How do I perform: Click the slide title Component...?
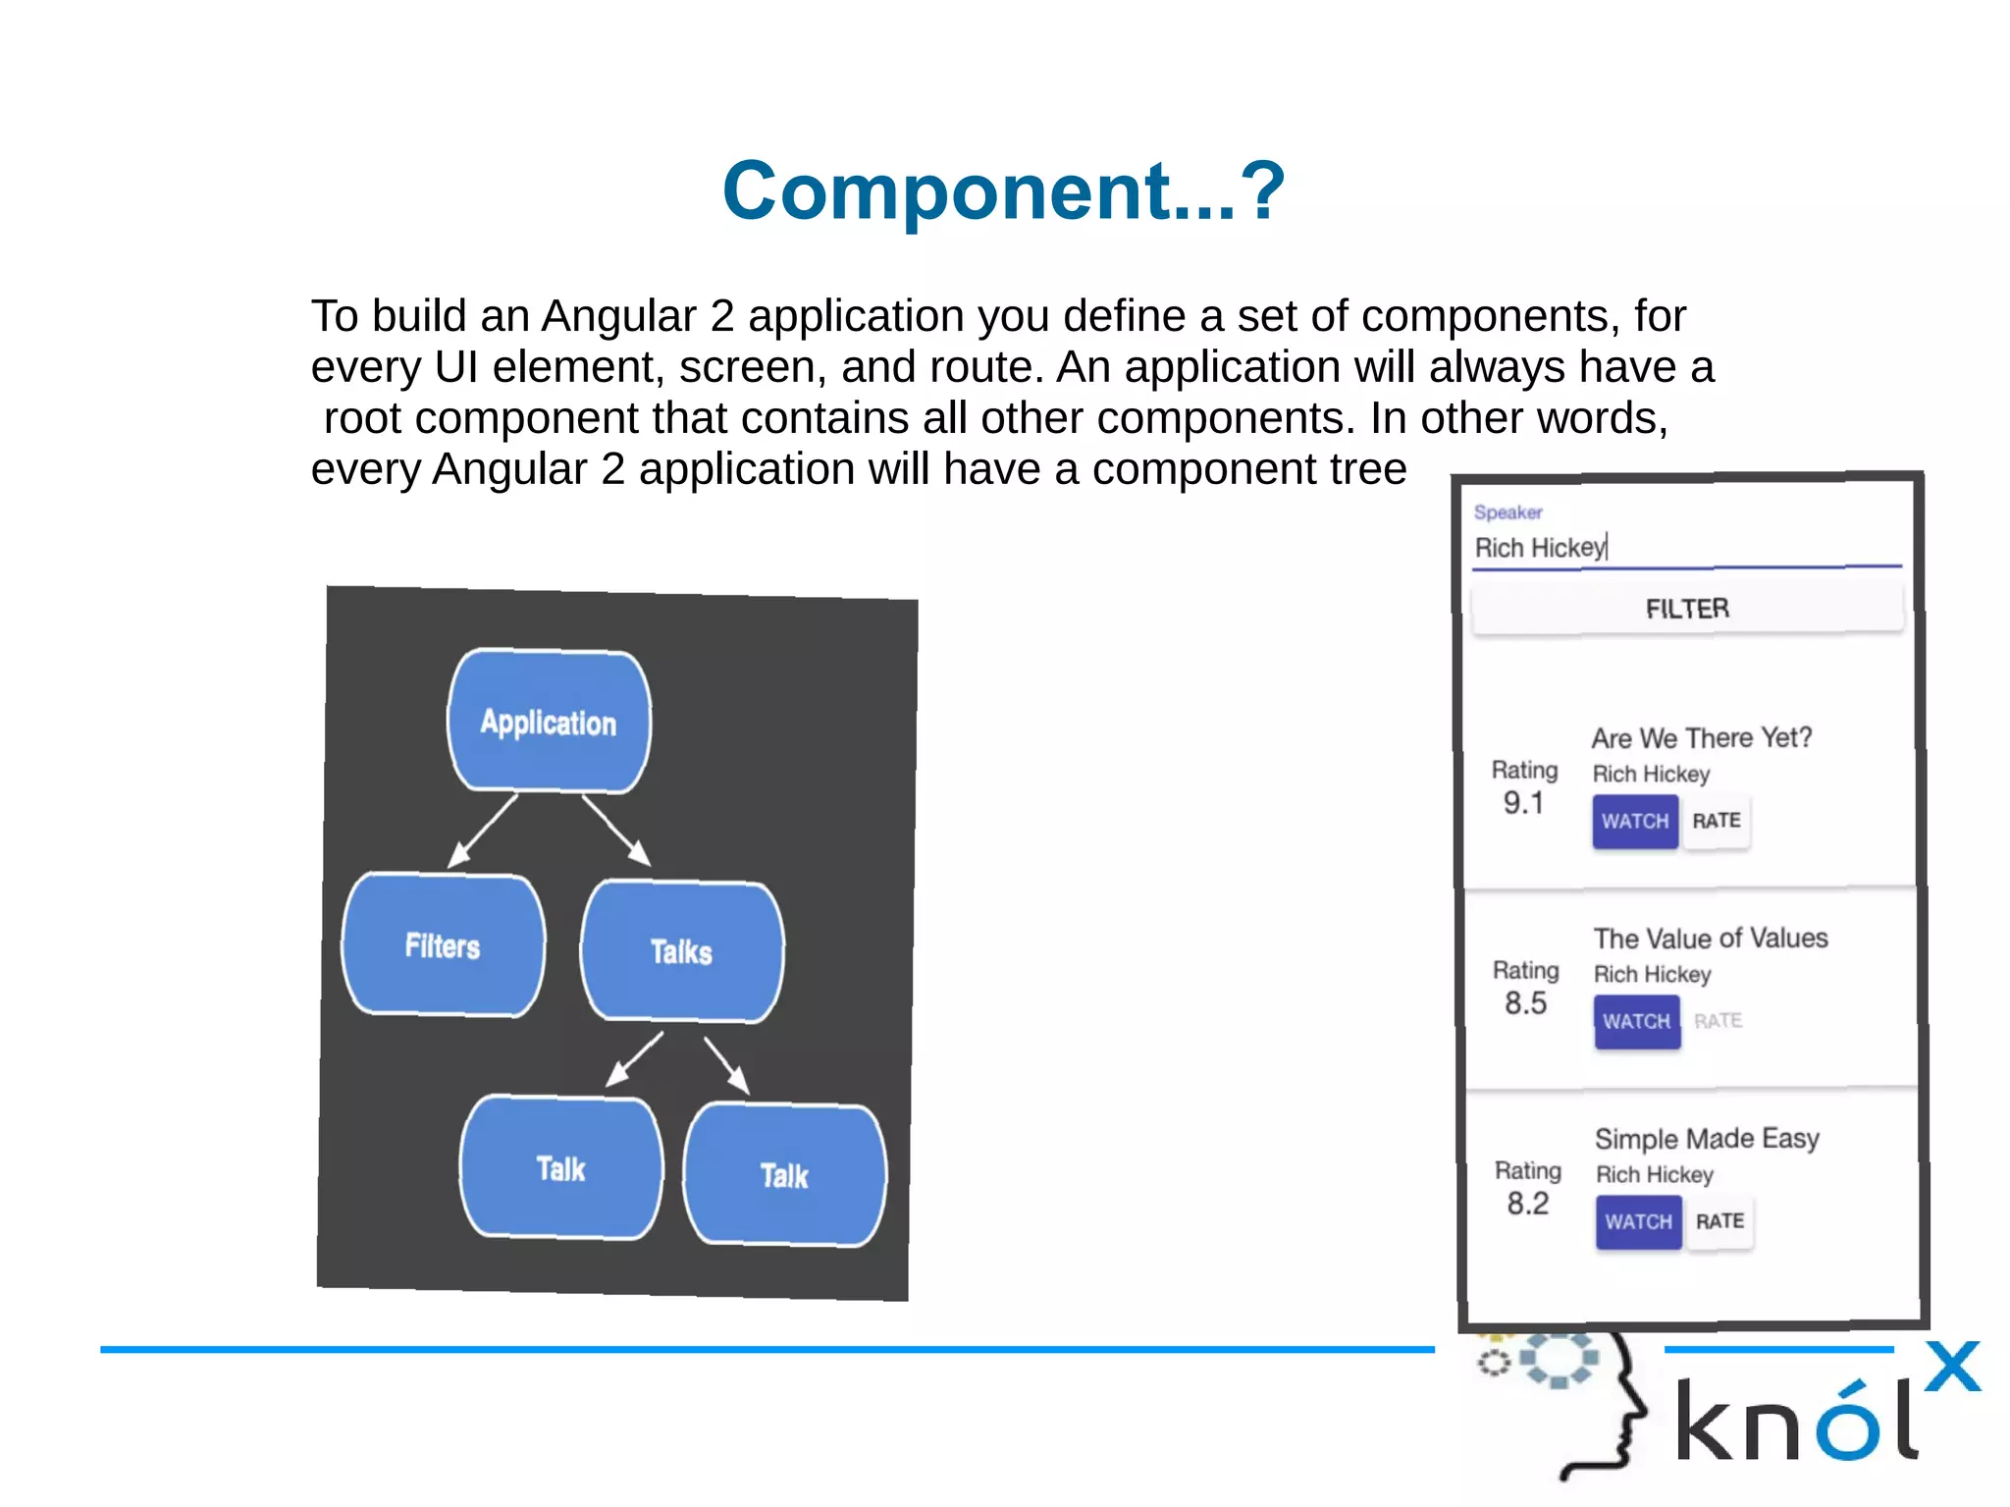pos(1003,190)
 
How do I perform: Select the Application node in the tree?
pos(549,722)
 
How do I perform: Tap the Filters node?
pos(443,944)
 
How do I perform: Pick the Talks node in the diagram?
pos(681,950)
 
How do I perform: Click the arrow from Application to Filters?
pos(483,831)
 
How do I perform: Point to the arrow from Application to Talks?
pos(616,830)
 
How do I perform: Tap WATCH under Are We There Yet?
pos(1635,821)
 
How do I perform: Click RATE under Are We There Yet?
pos(1717,821)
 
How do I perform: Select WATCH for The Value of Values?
pos(1637,1021)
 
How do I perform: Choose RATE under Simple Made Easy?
pos(1720,1221)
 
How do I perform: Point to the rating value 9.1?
pos(1523,803)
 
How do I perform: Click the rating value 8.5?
pos(1525,1003)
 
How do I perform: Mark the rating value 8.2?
pos(1528,1204)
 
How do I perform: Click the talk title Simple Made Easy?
pos(1707,1139)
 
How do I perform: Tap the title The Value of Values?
pos(1711,939)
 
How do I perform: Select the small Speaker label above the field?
pos(1507,512)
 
